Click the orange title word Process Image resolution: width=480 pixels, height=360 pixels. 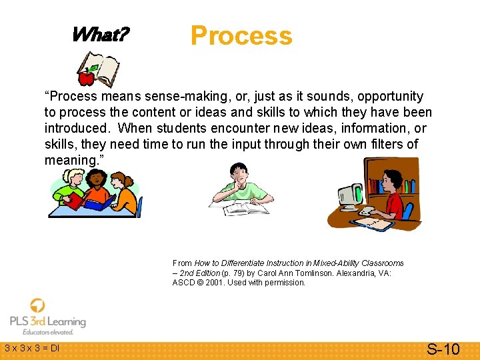[x=241, y=35]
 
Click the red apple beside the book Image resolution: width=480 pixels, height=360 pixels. [x=86, y=78]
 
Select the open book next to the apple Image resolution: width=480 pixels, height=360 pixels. [x=103, y=69]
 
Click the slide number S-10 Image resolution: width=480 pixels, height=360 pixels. [x=443, y=349]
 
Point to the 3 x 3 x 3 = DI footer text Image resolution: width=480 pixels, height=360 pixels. [x=32, y=348]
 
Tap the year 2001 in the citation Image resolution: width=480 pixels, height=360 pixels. [x=215, y=283]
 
